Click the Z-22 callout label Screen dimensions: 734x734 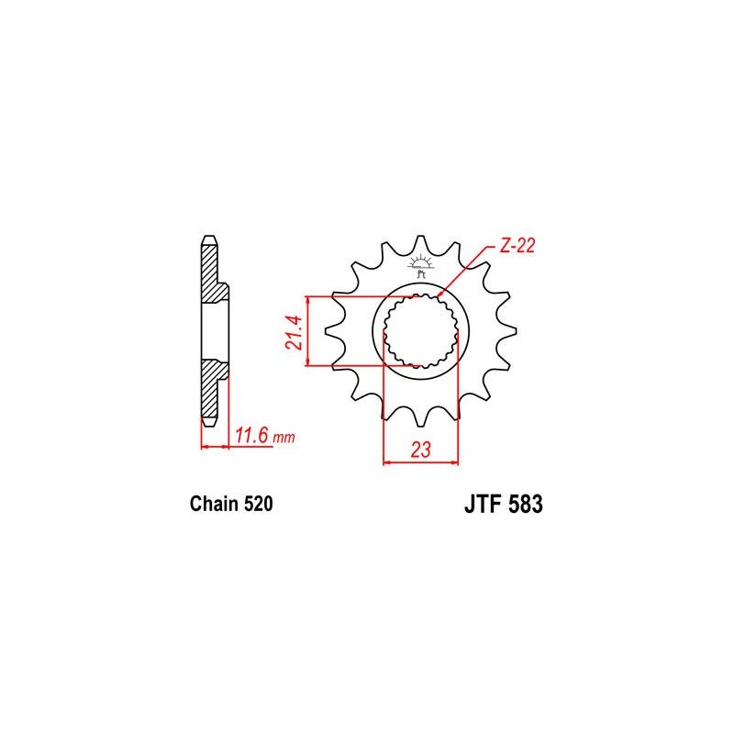(517, 246)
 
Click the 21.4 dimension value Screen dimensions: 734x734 (295, 332)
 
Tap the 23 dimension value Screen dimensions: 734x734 (420, 450)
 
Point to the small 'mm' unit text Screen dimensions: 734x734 (284, 439)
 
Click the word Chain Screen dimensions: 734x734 (214, 504)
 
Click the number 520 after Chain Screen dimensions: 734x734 (258, 504)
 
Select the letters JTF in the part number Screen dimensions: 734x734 (483, 505)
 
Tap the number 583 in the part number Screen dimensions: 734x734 (526, 505)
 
